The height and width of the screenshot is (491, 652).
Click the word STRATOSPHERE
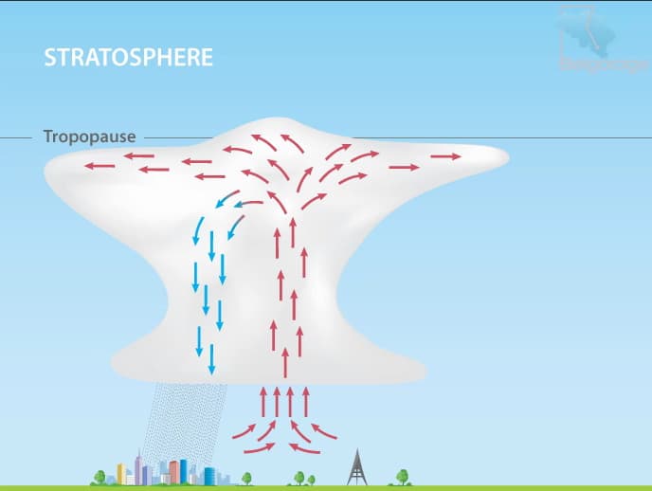tap(129, 57)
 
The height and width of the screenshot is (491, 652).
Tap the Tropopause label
tap(90, 136)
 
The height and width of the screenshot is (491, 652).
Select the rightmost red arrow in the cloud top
tap(444, 155)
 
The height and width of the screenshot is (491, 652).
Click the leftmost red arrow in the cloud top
tap(100, 166)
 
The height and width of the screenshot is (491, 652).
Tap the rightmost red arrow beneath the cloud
tap(324, 430)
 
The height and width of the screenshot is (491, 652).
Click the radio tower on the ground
tap(356, 465)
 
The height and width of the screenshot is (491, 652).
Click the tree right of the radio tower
tap(403, 476)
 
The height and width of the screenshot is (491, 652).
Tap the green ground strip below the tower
tap(356, 487)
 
